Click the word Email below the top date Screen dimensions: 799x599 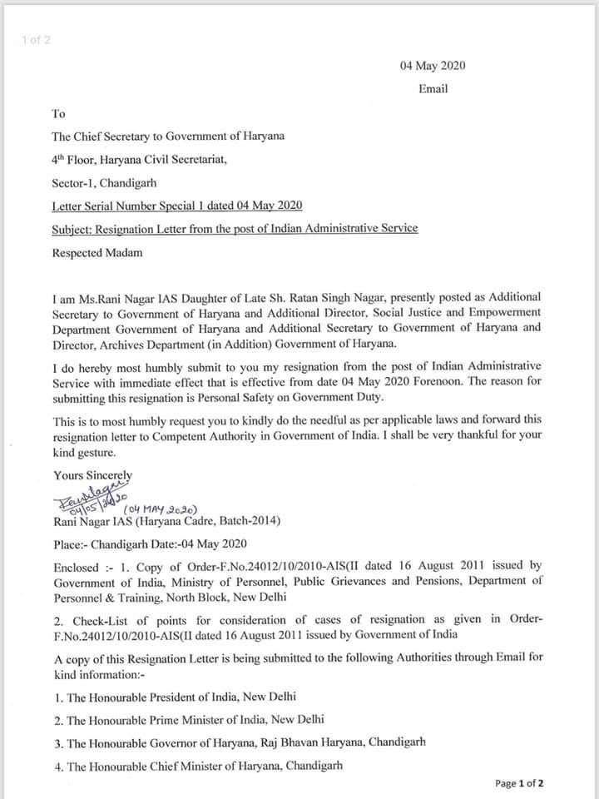click(x=433, y=89)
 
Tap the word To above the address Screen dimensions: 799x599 click(x=59, y=114)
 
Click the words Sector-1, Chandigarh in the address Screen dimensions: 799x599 click(x=106, y=181)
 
